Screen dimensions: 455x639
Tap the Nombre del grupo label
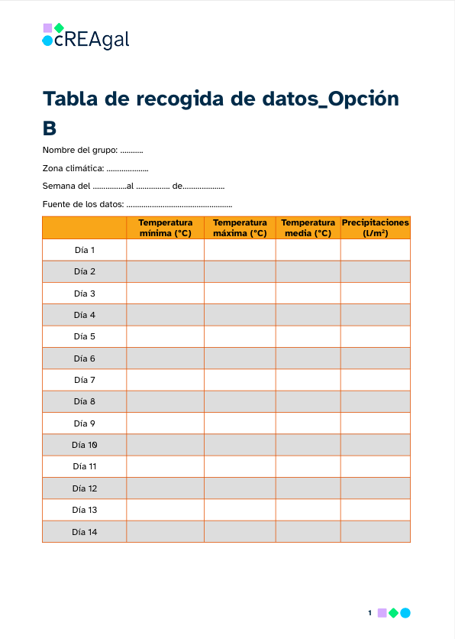79,150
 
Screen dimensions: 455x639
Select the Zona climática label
73,168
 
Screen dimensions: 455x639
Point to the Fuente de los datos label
82,204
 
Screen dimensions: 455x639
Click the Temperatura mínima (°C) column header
165,228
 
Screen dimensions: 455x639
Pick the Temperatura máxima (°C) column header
240,228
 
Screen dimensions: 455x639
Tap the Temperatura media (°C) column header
308,228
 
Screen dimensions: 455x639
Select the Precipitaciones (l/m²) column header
376,228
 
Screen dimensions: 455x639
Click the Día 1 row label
85,250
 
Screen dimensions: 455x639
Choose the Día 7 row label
85,380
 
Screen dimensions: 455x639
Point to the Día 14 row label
85,532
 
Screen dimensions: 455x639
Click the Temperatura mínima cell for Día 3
165,294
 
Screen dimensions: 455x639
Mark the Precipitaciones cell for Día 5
376,336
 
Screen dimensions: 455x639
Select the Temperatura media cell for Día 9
308,423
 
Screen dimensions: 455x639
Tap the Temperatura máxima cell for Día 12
240,488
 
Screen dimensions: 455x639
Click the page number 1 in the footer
369,613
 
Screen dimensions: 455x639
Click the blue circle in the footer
405,613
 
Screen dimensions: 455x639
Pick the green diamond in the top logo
59,28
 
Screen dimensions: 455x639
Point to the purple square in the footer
382,613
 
